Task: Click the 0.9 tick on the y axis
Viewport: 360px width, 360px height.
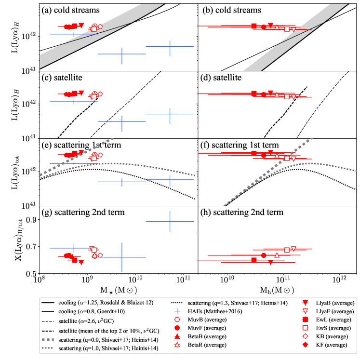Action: [30, 220]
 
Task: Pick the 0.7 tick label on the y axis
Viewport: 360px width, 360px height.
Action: [30, 247]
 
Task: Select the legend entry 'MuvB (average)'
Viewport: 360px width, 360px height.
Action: [212, 320]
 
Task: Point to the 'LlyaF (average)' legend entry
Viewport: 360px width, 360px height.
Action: [337, 311]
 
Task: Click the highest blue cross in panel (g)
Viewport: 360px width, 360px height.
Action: [170, 221]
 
